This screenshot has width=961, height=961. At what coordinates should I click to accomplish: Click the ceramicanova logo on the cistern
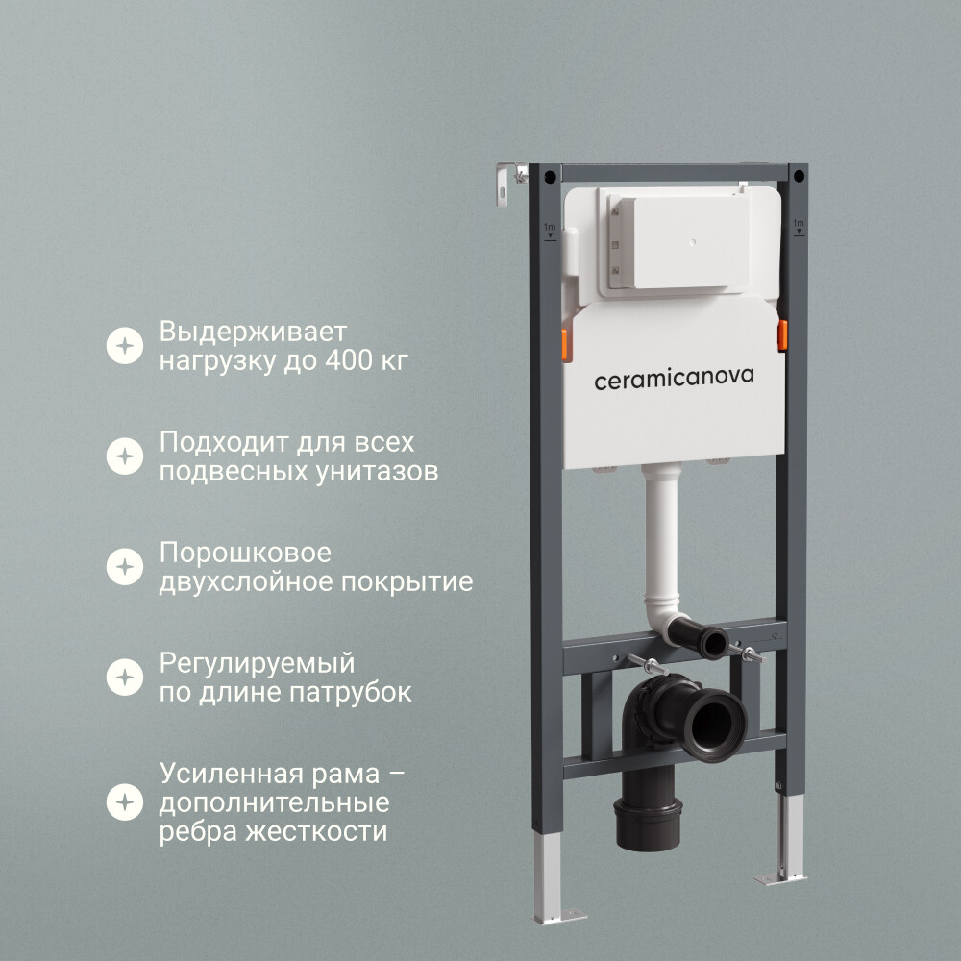[674, 378]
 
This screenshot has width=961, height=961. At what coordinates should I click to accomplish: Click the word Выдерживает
[253, 333]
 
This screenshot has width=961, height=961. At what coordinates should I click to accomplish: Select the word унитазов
[377, 472]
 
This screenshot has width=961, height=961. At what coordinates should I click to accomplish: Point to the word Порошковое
[245, 553]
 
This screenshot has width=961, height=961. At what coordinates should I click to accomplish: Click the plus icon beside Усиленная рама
[125, 802]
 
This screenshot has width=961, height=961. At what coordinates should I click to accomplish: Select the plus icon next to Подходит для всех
[125, 456]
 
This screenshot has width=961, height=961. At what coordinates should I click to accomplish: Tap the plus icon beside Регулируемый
[125, 678]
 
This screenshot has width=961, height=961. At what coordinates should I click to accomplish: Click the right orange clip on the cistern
[782, 335]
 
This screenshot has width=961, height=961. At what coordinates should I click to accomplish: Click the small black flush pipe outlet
[715, 643]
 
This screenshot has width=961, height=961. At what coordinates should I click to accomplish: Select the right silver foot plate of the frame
[779, 879]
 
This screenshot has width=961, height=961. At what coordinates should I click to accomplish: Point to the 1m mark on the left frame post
[550, 231]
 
